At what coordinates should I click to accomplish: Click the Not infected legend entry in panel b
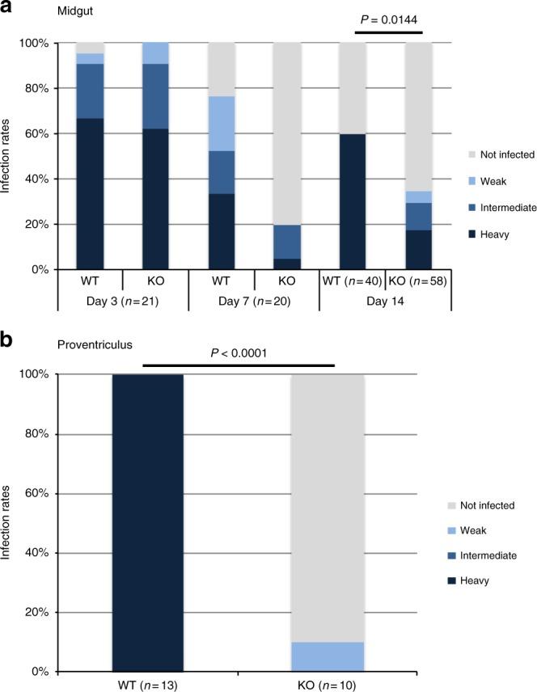506,504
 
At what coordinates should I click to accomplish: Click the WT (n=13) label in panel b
147,685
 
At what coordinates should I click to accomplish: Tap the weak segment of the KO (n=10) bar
327,656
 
